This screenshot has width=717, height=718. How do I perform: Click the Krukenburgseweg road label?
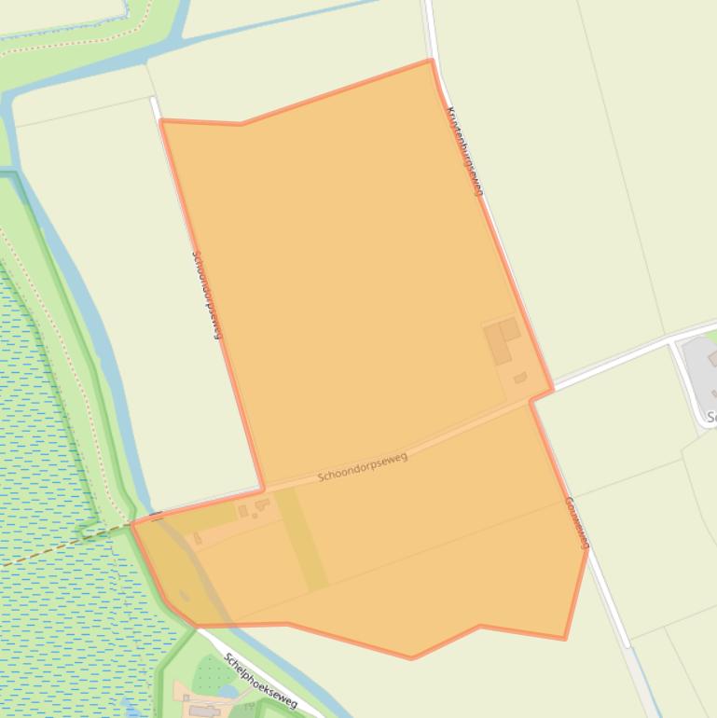point(465,151)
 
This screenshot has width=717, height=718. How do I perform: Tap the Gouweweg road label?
point(577,523)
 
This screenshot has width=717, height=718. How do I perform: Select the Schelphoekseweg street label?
point(260,680)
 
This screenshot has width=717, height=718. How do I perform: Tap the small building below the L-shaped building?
point(520,378)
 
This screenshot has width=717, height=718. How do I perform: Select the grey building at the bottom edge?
point(203,711)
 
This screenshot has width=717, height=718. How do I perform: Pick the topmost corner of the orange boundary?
point(430,61)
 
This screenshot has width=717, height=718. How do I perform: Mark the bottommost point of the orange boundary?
point(411,658)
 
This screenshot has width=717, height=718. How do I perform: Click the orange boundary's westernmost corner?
point(132,524)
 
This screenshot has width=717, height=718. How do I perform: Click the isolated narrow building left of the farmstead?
point(198,539)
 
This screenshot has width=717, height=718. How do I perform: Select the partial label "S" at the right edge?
point(711,417)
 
